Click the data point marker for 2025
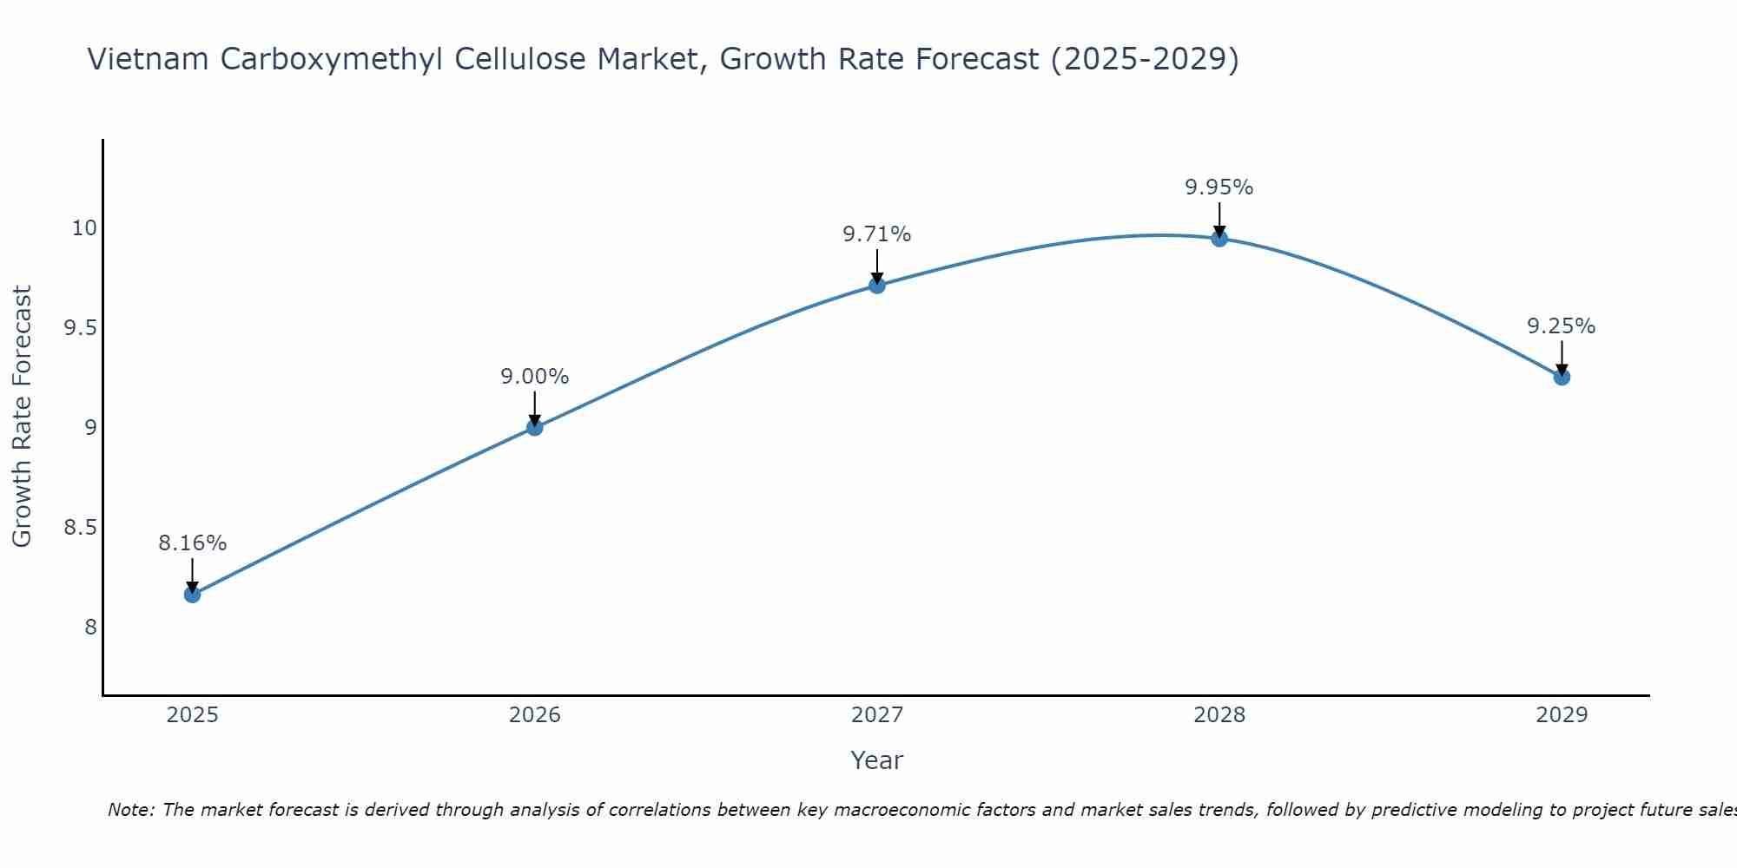click(x=192, y=595)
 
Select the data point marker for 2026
click(x=534, y=427)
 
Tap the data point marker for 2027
click(x=877, y=286)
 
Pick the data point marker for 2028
click(x=1219, y=238)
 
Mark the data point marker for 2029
click(x=1562, y=377)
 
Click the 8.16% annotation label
click(x=192, y=543)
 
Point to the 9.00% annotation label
click(x=534, y=377)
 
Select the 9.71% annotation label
click(x=877, y=234)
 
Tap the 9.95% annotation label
click(x=1219, y=187)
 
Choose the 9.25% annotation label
click(x=1562, y=326)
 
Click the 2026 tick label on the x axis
click(x=534, y=715)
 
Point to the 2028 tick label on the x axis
click(x=1219, y=715)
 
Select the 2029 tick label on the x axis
click(x=1562, y=715)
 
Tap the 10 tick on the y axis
click(x=83, y=228)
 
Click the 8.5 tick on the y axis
click(x=80, y=528)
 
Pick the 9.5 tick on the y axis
click(x=80, y=328)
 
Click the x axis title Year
click(x=877, y=760)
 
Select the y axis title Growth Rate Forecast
click(x=22, y=417)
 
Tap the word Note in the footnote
click(x=130, y=810)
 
